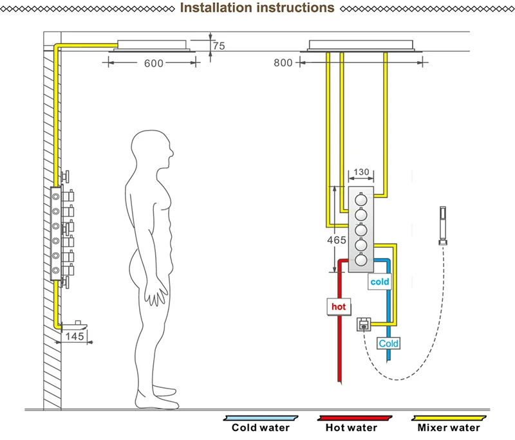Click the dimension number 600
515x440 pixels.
click(154, 63)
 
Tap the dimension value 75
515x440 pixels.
click(219, 46)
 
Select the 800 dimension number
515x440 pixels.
click(283, 62)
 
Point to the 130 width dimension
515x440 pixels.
click(361, 172)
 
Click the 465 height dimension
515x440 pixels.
click(337, 240)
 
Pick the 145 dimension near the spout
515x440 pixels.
click(75, 336)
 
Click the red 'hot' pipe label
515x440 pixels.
click(339, 307)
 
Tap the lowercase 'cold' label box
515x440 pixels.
click(380, 282)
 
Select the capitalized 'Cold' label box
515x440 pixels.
click(388, 344)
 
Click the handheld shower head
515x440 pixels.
click(443, 226)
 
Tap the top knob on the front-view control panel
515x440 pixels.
click(361, 199)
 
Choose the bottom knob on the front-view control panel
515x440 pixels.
click(361, 259)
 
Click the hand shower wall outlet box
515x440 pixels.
click(364, 324)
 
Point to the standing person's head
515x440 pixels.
click(152, 149)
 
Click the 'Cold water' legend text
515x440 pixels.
click(261, 428)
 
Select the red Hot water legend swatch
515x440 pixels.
click(355, 418)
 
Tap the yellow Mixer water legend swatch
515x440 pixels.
click(449, 418)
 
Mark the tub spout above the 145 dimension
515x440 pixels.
click(75, 325)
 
